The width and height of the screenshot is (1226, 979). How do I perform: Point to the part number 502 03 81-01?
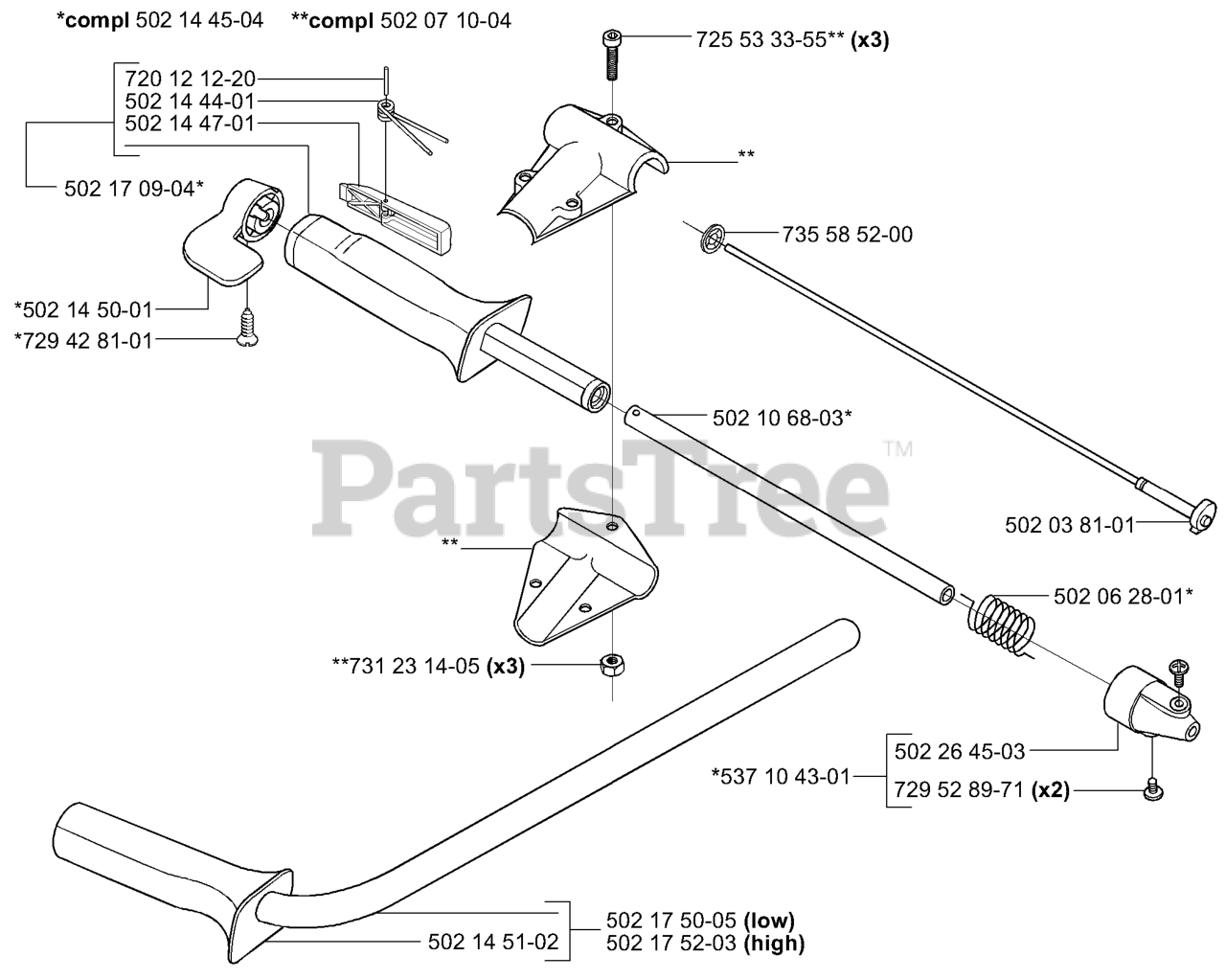1069,524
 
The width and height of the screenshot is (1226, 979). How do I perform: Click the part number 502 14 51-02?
493,942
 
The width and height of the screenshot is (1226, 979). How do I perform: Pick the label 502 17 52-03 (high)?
705,943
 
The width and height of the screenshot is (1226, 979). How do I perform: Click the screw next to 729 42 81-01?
246,328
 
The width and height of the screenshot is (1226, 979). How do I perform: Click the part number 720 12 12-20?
191,80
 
